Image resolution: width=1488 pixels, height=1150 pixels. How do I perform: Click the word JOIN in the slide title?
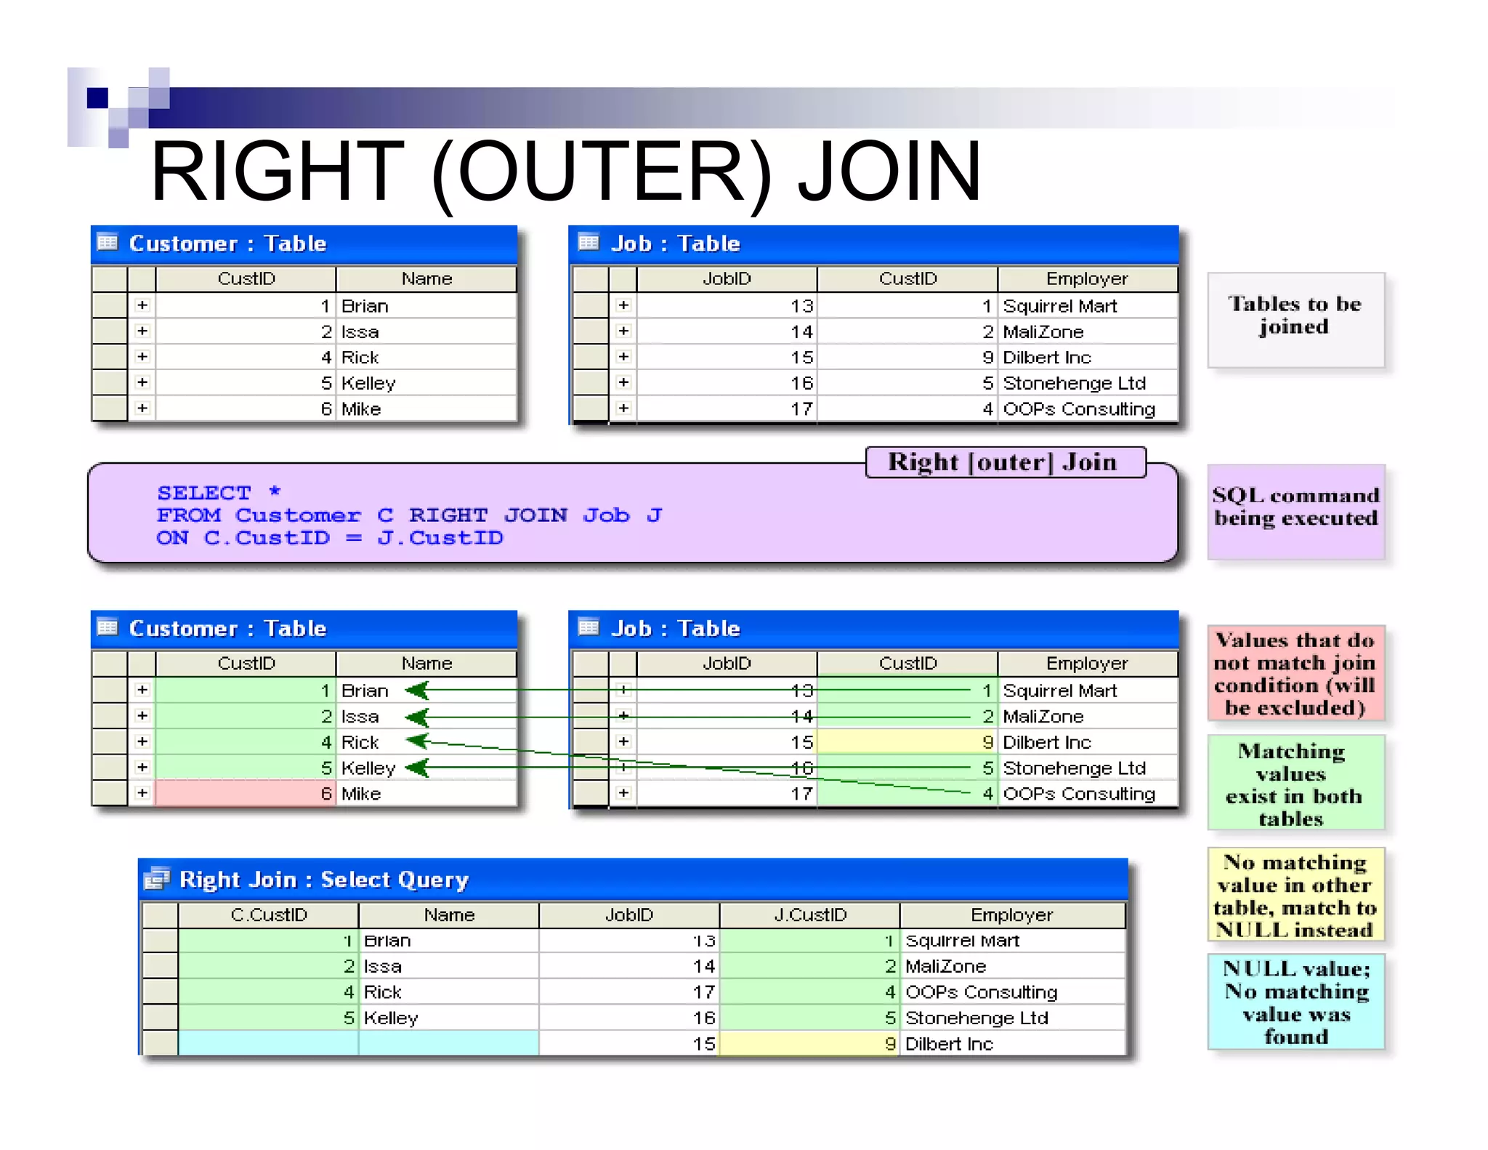tap(889, 172)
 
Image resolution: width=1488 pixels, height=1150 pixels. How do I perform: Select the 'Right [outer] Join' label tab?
tap(1005, 462)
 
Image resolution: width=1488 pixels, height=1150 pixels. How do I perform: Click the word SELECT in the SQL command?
tap(204, 493)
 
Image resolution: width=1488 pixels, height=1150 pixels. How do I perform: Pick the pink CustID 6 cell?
tap(245, 794)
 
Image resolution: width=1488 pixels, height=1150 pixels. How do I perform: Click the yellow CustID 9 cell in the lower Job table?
tap(907, 742)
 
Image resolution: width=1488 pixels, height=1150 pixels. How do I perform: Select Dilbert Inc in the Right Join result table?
tap(948, 1044)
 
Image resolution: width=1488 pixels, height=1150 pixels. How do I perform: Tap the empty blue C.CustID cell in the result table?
tap(268, 1043)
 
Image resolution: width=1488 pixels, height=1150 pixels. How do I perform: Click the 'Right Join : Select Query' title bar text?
tap(323, 880)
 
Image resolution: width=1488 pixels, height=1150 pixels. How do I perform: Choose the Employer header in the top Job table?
tap(1086, 279)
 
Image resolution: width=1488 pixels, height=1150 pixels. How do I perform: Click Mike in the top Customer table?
tap(361, 409)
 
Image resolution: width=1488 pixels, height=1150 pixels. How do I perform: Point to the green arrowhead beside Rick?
tap(418, 741)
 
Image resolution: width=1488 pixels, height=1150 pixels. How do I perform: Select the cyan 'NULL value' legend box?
tap(1295, 1002)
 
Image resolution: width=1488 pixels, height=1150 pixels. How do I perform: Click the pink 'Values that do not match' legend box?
tap(1295, 674)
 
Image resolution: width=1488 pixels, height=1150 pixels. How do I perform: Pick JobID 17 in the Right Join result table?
tap(703, 992)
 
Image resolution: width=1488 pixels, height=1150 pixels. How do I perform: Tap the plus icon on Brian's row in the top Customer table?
tap(142, 305)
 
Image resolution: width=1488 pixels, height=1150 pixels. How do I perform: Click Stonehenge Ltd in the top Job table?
tap(1074, 383)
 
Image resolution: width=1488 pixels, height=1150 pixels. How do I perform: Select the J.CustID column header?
tap(809, 915)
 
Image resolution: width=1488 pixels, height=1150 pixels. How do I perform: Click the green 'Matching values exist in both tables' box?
tap(1295, 784)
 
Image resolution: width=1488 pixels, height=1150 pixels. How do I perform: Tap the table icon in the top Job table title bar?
tap(589, 242)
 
